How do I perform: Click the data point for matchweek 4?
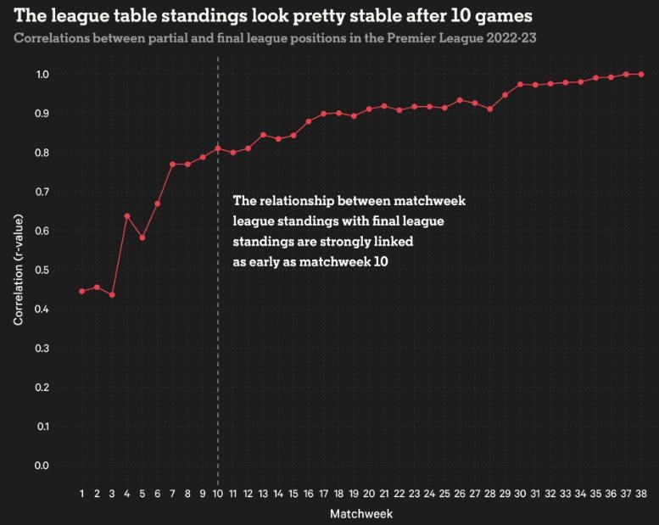click(127, 216)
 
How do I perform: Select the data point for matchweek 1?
click(82, 291)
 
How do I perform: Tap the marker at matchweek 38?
click(641, 74)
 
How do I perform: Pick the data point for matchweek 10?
click(218, 148)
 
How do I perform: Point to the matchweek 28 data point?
click(490, 109)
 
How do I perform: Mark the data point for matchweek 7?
click(172, 164)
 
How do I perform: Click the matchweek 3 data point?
click(112, 294)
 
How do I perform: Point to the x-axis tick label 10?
click(218, 494)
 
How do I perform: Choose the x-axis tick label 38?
click(641, 494)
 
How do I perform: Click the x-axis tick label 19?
click(354, 494)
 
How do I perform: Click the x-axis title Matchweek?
click(361, 513)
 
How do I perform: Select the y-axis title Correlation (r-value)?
click(19, 270)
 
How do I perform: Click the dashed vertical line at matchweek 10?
click(218, 356)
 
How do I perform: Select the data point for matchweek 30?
click(520, 85)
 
